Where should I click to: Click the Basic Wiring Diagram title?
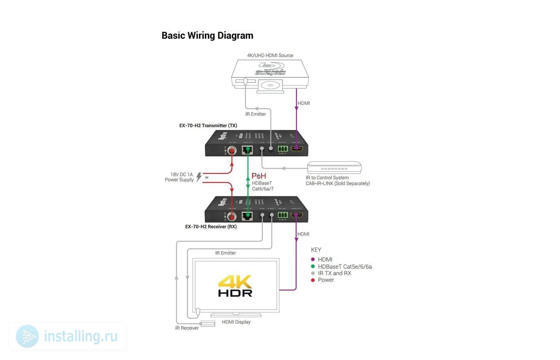pos(207,36)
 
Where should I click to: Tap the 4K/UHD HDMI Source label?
pos(270,56)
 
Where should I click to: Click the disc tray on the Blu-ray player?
pos(270,85)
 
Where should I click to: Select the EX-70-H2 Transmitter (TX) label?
pos(208,126)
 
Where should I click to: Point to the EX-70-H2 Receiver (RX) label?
pos(211,227)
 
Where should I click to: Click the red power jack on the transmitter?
pos(232,151)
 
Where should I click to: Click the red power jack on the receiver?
pos(232,217)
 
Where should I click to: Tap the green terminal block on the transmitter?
pos(283,149)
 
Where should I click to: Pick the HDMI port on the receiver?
pos(296,215)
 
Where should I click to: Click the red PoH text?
pos(259,176)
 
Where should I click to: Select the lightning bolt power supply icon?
pos(199,177)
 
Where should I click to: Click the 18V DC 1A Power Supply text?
pos(180,177)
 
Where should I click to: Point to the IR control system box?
pos(334,168)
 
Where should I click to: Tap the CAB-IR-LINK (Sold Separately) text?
pos(338,184)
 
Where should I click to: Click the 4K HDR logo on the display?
pos(235,286)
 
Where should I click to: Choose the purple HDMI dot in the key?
pos(313,260)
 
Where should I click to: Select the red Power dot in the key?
pos(313,280)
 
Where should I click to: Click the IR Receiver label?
pos(187,328)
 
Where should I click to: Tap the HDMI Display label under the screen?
pos(236,322)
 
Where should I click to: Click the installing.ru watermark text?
pos(80,336)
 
